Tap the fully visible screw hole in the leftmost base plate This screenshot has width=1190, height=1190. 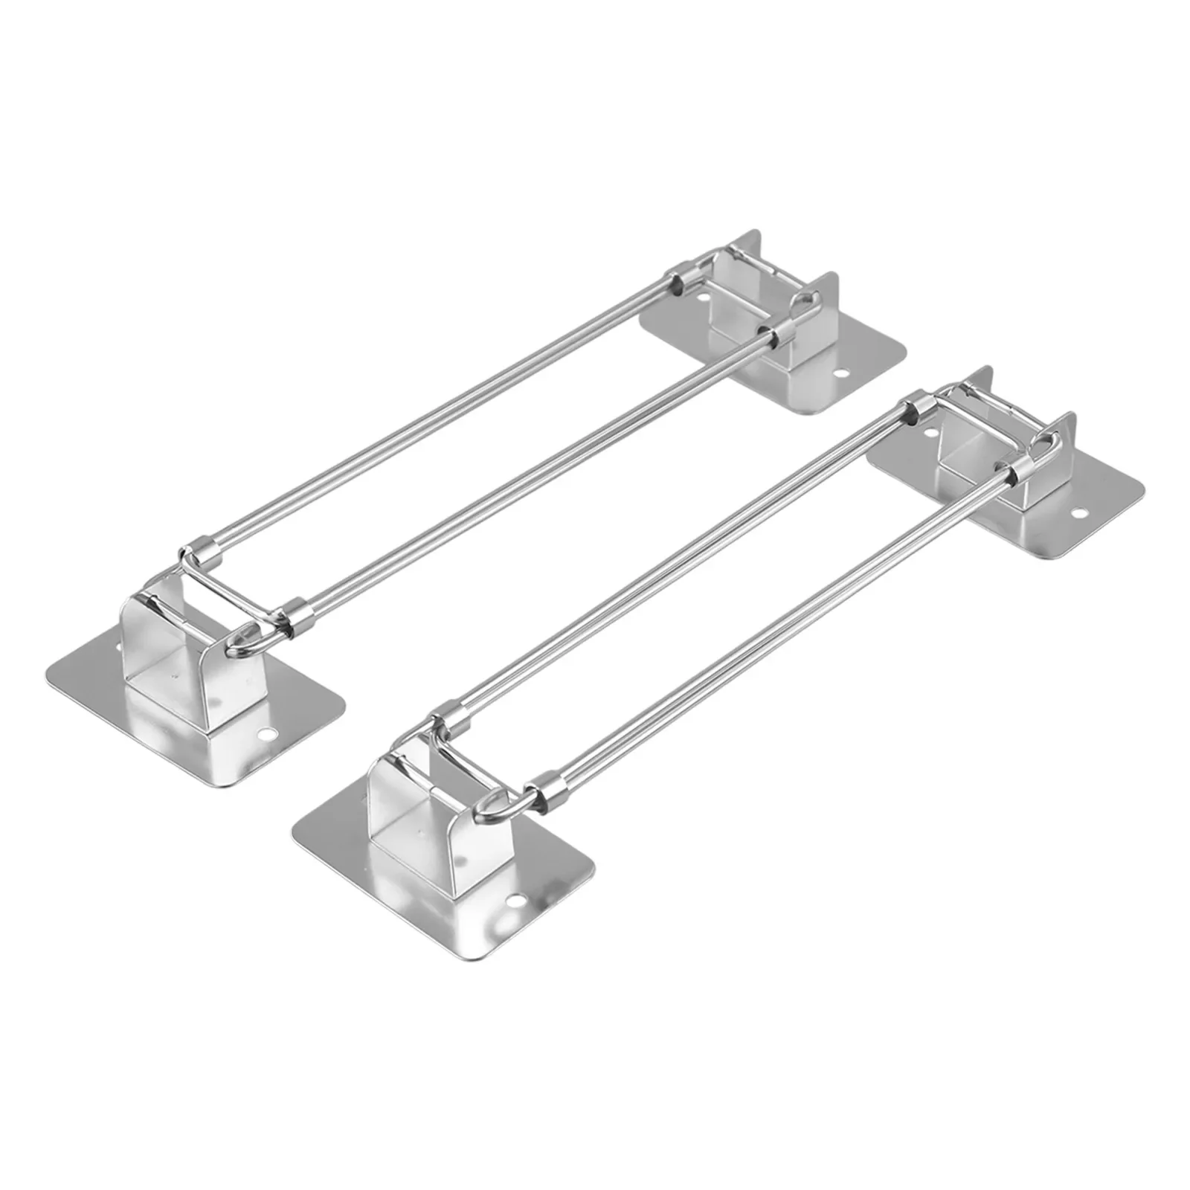266,734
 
